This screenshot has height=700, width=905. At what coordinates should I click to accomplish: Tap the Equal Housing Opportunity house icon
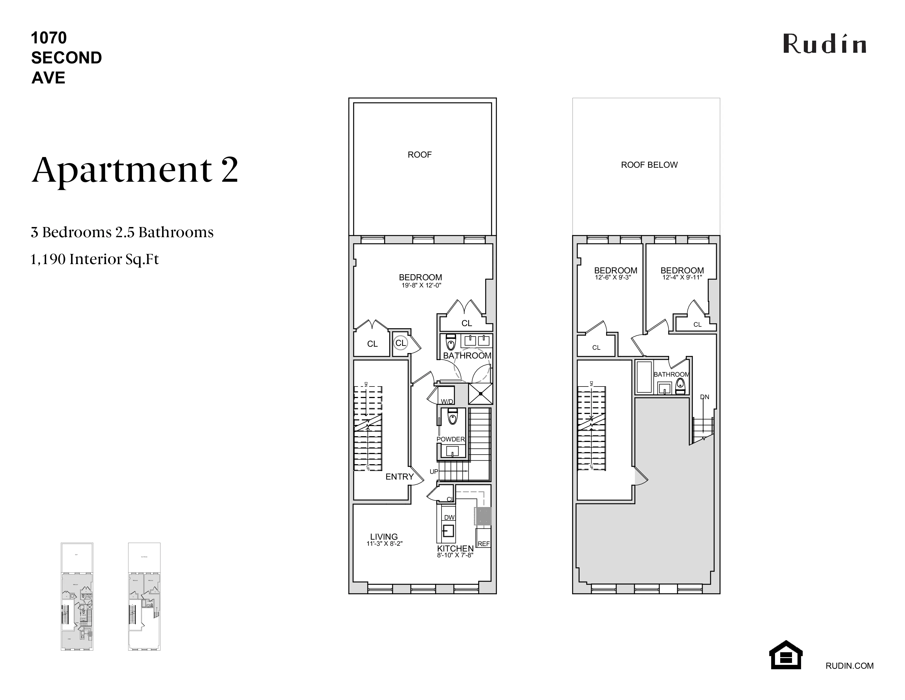pos(786,655)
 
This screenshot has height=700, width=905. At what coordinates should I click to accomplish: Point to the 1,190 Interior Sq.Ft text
pos(95,259)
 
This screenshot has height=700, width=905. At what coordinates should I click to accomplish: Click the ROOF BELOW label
pos(649,165)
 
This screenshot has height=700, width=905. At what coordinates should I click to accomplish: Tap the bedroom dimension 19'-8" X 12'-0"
pos(421,285)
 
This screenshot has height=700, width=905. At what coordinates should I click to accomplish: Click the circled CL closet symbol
pos(401,343)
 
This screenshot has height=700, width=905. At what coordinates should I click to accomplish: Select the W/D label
pos(447,401)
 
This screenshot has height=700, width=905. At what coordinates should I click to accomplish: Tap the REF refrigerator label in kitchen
pos(483,544)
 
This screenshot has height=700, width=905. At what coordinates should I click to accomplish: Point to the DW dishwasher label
pos(449,517)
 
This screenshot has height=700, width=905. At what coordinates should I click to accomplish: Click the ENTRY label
pos(400,477)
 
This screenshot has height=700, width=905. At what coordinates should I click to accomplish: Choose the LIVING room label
pos(384,537)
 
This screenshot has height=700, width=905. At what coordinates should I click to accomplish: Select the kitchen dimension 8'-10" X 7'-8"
pos(455,555)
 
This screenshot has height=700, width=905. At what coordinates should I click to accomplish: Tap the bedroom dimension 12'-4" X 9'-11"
pos(682,278)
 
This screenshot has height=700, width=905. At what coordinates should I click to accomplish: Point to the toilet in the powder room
pos(452,416)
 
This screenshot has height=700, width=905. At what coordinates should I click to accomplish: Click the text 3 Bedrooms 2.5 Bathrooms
pos(122,232)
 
